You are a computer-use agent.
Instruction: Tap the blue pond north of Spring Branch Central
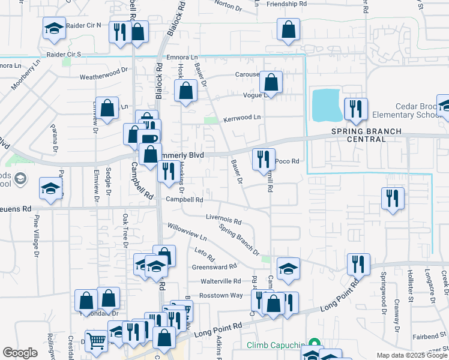coord(325,104)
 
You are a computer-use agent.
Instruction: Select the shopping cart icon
coord(96,341)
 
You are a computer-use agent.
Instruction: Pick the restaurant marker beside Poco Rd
coord(264,159)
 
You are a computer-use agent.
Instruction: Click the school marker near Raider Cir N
coord(54,28)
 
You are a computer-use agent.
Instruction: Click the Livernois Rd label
coord(223,220)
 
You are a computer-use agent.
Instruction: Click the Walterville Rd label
coord(220,281)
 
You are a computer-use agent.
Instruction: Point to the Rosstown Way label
coord(221,295)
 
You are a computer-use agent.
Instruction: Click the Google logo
coord(20,353)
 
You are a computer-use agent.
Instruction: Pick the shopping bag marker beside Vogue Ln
coord(271,83)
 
